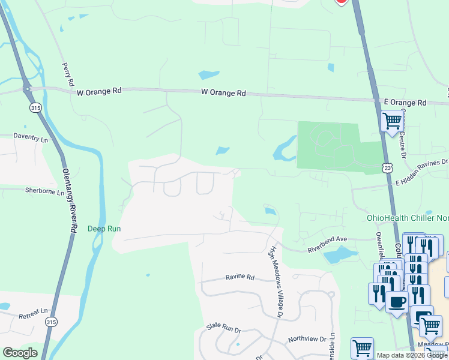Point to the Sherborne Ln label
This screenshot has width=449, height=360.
click(x=44, y=191)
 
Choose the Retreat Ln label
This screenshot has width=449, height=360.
click(x=33, y=314)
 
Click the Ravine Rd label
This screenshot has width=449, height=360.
click(x=240, y=277)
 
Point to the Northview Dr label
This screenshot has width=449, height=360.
click(x=307, y=339)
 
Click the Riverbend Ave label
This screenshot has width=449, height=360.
click(x=328, y=239)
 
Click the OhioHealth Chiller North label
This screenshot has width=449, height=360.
click(x=408, y=218)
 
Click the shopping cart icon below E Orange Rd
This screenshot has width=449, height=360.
click(x=393, y=120)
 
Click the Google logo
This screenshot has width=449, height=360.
click(x=20, y=353)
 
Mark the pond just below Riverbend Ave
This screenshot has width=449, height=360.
click(x=337, y=256)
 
